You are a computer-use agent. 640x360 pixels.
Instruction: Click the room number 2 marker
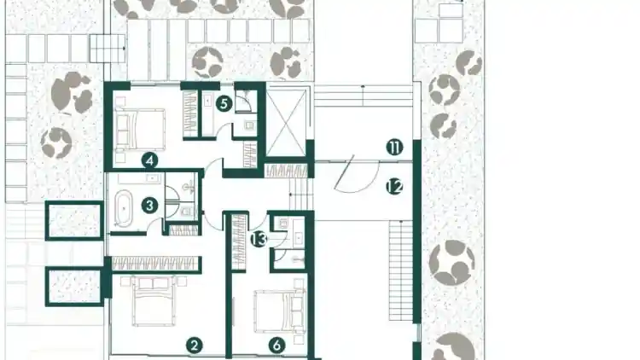195,345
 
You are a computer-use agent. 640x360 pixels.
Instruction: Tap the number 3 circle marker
150,206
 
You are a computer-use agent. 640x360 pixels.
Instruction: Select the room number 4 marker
150,160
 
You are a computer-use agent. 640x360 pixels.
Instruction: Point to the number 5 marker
224,104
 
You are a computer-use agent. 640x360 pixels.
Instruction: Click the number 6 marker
276,345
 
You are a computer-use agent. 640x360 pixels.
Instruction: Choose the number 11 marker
394,148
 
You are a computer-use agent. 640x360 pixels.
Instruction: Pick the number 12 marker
394,187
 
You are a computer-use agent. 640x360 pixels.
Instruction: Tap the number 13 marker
259,239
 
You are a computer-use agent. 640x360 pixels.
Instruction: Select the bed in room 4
141,129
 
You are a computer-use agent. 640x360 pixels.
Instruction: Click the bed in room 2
154,301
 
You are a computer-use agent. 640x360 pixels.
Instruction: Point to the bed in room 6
280,311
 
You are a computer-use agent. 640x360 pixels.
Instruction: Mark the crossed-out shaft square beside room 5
286,123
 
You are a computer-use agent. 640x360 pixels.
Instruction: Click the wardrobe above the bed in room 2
156,264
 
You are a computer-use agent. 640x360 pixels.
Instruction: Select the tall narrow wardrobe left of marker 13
239,241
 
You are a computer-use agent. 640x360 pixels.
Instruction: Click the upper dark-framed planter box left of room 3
74,220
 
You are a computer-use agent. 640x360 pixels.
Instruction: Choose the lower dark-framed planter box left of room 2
74,287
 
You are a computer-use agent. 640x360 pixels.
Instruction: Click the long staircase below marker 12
400,270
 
